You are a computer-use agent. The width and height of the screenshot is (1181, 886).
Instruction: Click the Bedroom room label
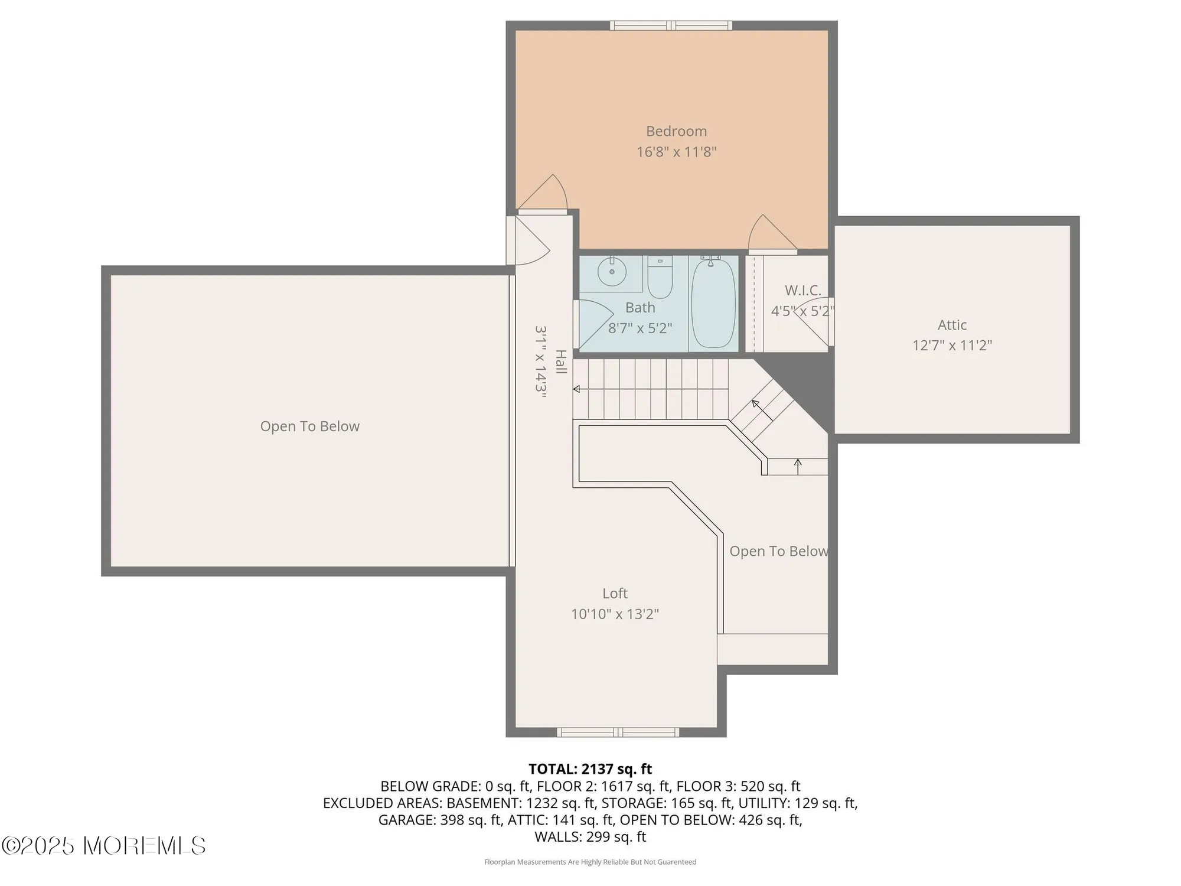point(676,131)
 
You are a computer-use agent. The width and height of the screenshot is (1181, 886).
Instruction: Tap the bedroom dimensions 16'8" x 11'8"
point(676,152)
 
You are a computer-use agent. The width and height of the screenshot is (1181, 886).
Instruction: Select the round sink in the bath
point(612,272)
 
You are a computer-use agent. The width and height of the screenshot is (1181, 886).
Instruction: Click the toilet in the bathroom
point(660,278)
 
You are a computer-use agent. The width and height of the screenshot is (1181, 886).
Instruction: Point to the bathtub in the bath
point(713,303)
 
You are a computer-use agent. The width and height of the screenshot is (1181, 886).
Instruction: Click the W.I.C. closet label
point(803,290)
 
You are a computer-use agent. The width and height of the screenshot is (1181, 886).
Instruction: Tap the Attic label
point(952,325)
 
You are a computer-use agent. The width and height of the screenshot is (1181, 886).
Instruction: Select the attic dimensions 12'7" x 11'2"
point(952,346)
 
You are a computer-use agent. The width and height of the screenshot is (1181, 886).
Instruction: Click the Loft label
point(615,594)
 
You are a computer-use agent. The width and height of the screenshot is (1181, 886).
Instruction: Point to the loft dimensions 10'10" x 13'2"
point(615,614)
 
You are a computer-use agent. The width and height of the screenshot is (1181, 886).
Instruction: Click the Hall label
point(561,361)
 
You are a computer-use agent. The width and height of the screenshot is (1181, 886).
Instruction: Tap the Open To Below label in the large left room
point(310,426)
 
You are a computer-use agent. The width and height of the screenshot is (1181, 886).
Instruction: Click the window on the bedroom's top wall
point(671,25)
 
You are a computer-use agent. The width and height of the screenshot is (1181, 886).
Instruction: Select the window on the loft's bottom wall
point(618,732)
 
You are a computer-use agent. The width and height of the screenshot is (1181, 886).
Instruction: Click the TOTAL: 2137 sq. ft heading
point(590,769)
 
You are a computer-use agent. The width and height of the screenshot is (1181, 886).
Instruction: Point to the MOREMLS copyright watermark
point(103,846)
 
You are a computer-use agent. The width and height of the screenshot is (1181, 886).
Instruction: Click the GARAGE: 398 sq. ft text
point(441,820)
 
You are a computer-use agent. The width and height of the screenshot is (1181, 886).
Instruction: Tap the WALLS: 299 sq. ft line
point(590,837)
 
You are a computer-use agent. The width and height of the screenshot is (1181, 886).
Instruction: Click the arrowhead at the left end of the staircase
point(576,389)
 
